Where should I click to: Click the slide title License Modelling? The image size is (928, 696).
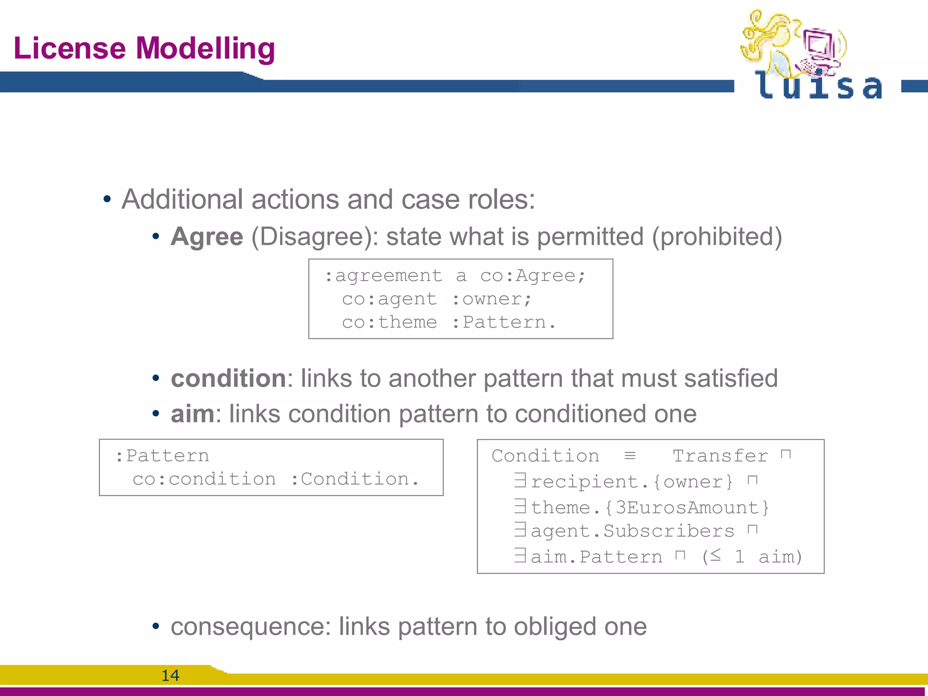tap(144, 48)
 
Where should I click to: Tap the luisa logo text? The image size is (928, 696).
tap(818, 86)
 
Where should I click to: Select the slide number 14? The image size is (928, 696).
tap(170, 676)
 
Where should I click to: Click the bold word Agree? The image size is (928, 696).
tap(207, 237)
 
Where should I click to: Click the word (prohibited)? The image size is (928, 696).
tap(717, 237)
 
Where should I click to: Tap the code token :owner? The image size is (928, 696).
tap(491, 299)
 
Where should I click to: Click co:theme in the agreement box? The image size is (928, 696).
tap(389, 322)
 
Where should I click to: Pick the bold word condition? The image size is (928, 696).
tap(228, 378)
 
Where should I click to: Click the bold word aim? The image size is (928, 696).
tap(192, 414)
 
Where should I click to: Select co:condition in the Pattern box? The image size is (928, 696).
tap(204, 479)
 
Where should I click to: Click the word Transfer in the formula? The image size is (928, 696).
tap(720, 456)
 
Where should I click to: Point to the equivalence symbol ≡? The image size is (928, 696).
tap(630, 455)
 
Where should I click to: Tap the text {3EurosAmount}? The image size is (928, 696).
tap(687, 507)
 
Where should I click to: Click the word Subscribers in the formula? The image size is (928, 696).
tap(668, 531)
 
